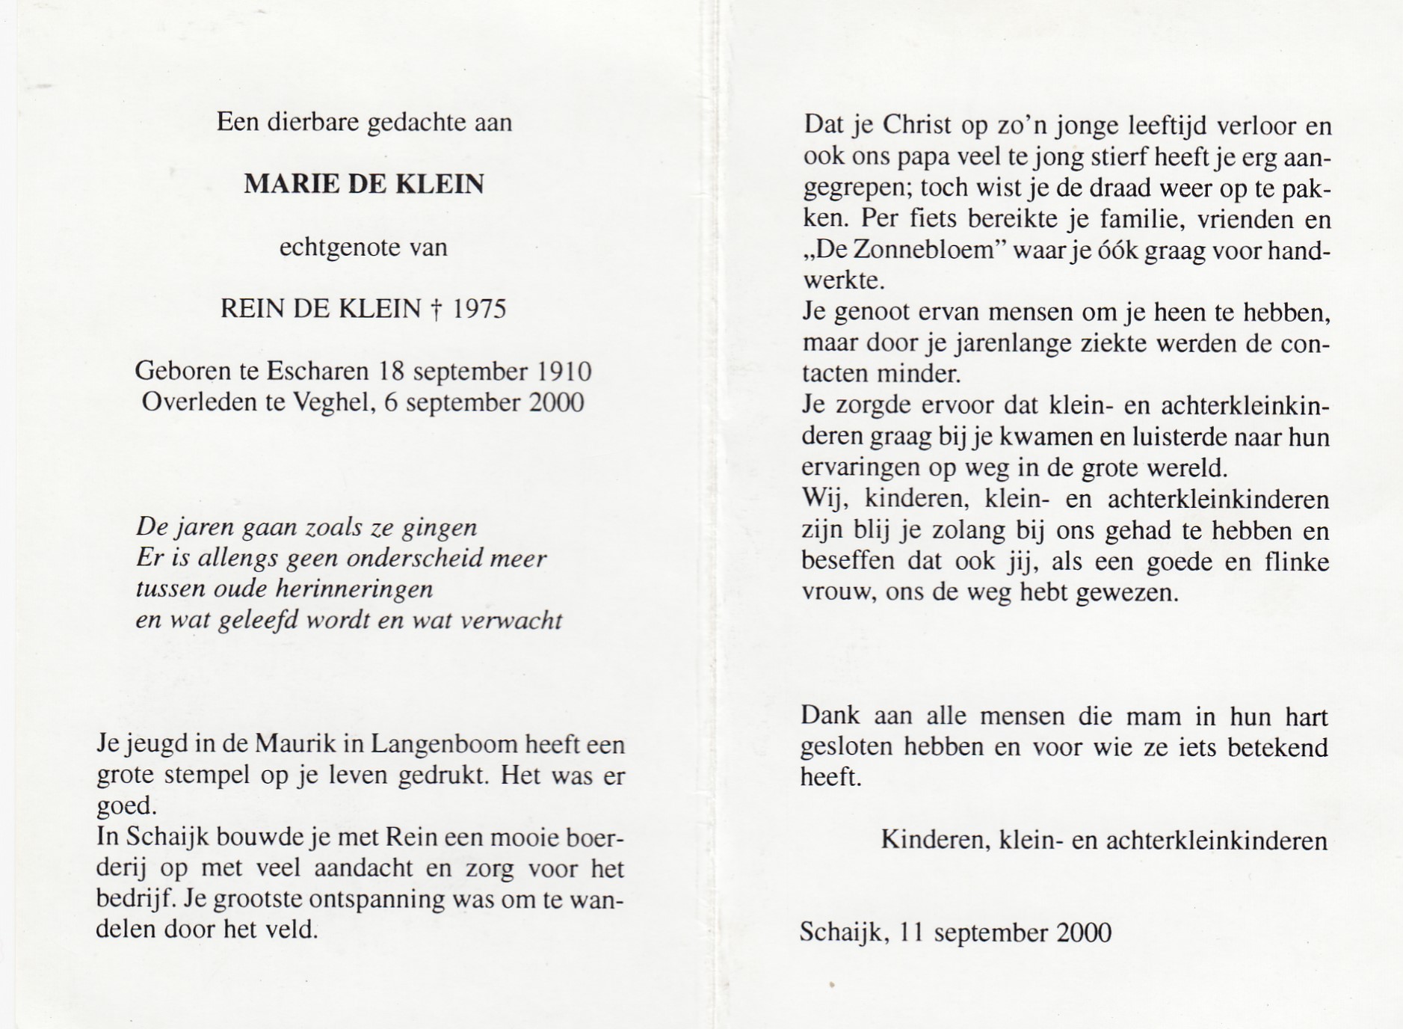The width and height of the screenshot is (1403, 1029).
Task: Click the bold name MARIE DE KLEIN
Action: pyautogui.click(x=364, y=184)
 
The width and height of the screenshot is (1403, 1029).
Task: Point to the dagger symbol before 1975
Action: pyautogui.click(x=436, y=309)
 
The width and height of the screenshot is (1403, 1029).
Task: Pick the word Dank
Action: pyautogui.click(x=830, y=716)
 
